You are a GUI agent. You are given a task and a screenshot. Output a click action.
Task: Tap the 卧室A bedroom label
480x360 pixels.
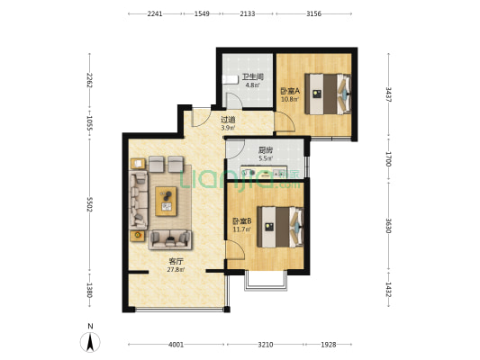(290, 91)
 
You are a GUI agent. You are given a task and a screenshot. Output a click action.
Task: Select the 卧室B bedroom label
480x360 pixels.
(242, 220)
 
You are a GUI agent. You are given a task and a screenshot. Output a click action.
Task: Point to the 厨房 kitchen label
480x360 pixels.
(266, 150)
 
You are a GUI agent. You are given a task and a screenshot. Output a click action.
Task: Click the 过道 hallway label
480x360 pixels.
(228, 120)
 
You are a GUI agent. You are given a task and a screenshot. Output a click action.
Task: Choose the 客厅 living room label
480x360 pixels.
(176, 262)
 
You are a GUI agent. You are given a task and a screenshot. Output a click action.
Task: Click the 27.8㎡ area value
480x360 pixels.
(176, 270)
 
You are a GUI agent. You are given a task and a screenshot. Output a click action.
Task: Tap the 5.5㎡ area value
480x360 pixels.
(266, 158)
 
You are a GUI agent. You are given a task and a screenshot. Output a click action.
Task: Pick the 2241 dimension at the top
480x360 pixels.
(155, 13)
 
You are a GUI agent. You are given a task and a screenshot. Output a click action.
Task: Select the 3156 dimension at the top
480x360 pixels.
(313, 13)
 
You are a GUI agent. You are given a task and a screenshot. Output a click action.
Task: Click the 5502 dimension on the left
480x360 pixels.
(90, 204)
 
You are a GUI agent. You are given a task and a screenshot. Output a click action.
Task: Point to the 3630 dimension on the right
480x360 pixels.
(388, 225)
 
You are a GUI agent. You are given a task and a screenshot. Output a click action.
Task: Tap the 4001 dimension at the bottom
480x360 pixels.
(176, 345)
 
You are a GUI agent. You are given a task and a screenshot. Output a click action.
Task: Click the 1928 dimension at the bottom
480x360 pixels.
(328, 345)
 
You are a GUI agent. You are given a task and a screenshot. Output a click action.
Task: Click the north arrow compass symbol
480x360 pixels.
(90, 342)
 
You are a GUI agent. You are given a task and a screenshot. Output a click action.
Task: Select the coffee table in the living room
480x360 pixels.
(166, 202)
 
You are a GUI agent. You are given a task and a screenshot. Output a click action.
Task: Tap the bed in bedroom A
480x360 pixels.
(328, 94)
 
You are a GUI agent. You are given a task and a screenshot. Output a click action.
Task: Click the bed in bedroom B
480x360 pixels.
(280, 227)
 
